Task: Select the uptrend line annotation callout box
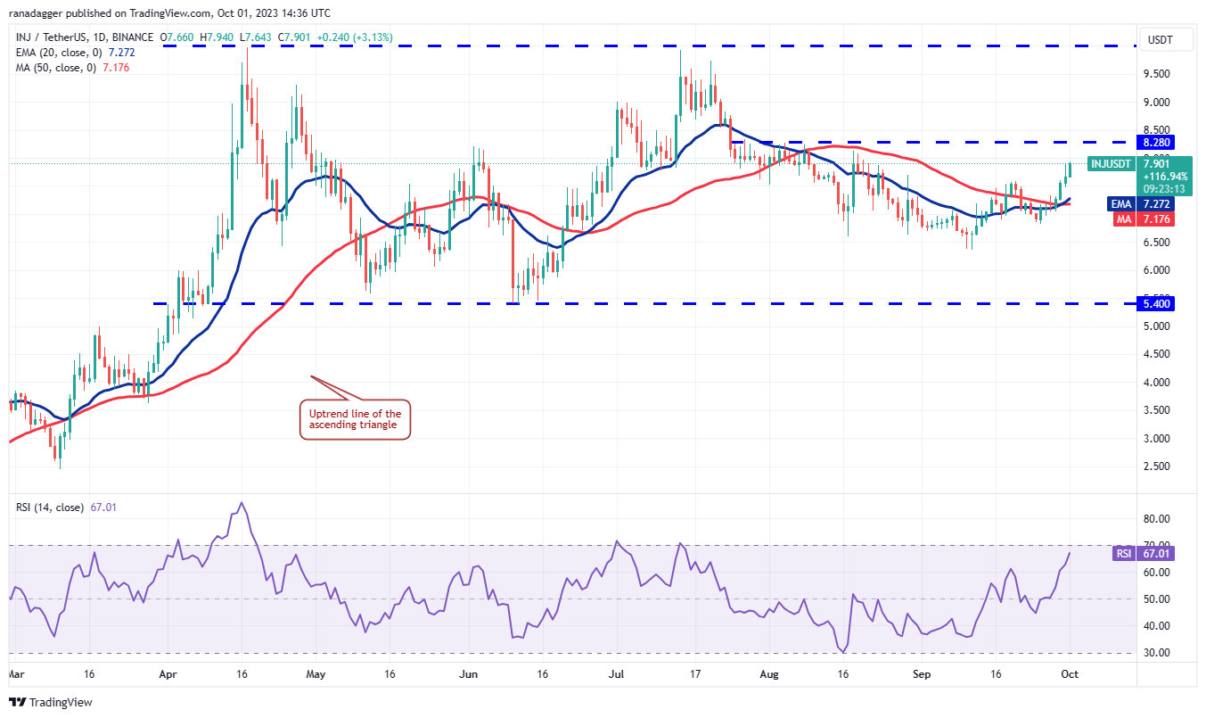click(x=355, y=420)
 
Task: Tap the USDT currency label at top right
click(x=1159, y=39)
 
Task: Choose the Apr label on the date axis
click(x=166, y=675)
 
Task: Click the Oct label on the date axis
click(x=1069, y=675)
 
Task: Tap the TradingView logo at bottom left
click(x=52, y=702)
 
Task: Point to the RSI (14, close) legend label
click(x=49, y=508)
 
